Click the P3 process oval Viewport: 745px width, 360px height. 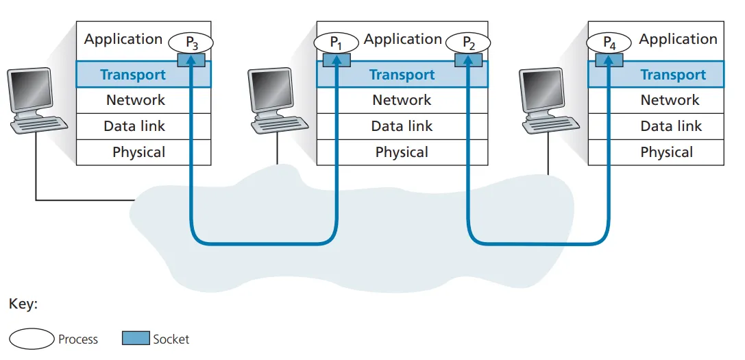(191, 43)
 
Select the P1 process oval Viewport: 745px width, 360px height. (336, 43)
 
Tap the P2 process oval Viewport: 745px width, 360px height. (468, 43)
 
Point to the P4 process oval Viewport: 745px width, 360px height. (609, 43)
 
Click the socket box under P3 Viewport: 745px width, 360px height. (191, 60)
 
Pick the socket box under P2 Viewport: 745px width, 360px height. (468, 60)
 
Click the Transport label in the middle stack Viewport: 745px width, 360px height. (402, 75)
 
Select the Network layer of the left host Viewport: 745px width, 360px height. (136, 100)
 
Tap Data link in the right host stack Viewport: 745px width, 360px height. (671, 126)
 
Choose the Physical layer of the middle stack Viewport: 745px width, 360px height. (402, 152)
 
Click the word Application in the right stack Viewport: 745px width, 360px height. (678, 39)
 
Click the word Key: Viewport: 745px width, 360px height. (23, 304)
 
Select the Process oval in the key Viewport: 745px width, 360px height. (32, 339)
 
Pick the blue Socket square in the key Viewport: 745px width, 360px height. (136, 338)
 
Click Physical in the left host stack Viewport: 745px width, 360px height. (138, 152)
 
